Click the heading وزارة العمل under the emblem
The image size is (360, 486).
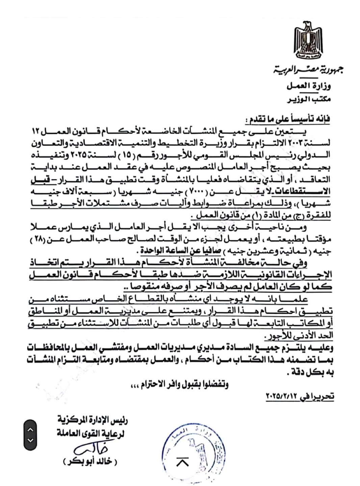pos(309,86)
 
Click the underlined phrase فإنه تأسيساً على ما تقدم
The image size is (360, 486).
pos(288,119)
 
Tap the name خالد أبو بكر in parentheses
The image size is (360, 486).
pos(90,462)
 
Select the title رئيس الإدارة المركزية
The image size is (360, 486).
pos(93,420)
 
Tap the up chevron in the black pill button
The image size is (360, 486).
pos(30,430)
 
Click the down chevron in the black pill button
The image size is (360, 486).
pos(30,440)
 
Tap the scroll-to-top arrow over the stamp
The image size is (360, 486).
pos(183,462)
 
